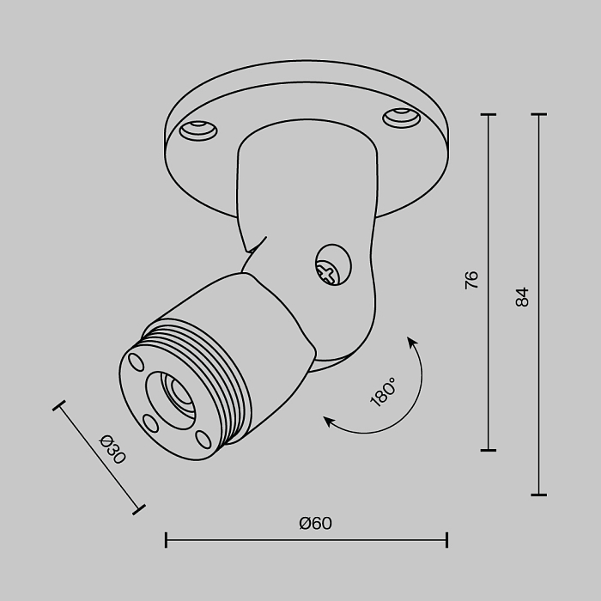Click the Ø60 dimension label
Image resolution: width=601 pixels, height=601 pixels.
click(315, 523)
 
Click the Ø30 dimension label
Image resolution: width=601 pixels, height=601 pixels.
click(112, 450)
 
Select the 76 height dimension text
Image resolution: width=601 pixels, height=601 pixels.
click(471, 279)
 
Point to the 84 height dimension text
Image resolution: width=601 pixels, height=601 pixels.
click(522, 296)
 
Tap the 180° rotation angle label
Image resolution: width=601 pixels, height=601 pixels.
click(382, 392)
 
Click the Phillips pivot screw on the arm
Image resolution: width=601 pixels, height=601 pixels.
click(331, 268)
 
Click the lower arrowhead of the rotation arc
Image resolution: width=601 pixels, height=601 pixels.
click(327, 420)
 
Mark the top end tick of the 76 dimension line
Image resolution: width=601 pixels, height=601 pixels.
click(489, 114)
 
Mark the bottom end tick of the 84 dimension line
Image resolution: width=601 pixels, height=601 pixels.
click(539, 495)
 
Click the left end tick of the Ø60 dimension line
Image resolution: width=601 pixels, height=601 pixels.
click(166, 540)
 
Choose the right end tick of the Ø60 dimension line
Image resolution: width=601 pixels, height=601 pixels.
click(446, 540)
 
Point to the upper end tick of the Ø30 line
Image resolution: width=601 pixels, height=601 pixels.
click(59, 405)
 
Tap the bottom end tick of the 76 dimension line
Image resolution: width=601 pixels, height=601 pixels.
click(489, 449)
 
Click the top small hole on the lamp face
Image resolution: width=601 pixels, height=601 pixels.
click(135, 361)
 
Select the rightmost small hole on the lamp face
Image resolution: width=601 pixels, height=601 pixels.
click(203, 438)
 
